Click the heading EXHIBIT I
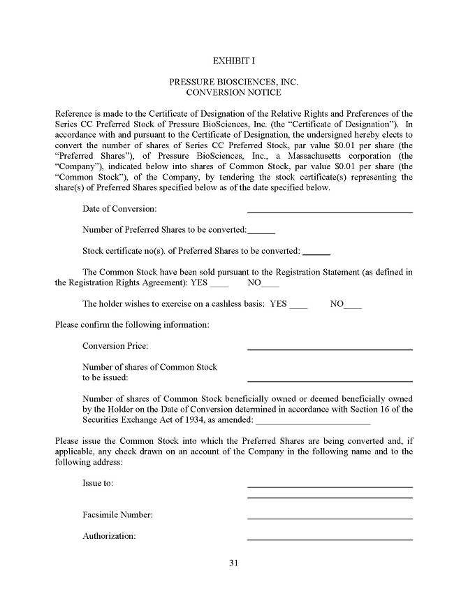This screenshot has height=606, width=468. tap(234, 60)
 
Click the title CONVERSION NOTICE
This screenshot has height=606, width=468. tap(234, 92)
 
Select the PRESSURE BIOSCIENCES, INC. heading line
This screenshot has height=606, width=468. tap(234, 82)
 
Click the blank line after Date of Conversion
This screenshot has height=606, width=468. tap(330, 210)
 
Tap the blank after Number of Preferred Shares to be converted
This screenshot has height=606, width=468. tap(261, 231)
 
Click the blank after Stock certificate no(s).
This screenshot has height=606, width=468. tap(316, 252)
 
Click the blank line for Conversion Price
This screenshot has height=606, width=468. tap(330, 347)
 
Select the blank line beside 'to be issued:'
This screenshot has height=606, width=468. tap(330, 380)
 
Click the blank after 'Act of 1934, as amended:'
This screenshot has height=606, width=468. tap(314, 422)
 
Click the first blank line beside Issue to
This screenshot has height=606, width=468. tap(330, 485)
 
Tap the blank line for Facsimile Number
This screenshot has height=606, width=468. tap(330, 517)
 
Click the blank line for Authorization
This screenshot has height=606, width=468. tap(330, 538)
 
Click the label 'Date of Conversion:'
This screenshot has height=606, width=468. tap(119, 209)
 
